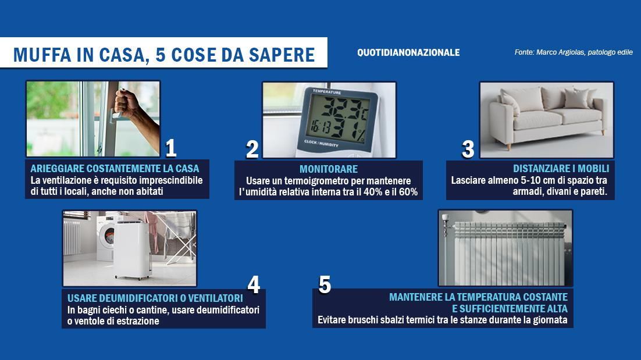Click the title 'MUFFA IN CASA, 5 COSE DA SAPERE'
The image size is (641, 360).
(163, 54)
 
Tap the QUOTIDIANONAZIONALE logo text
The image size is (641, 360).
(408, 52)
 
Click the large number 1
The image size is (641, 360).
(170, 148)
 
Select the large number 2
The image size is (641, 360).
(252, 149)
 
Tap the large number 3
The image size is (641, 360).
(468, 149)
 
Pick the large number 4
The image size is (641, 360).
(254, 285)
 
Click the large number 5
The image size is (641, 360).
(325, 285)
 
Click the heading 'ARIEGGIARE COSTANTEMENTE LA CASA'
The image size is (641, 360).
(115, 169)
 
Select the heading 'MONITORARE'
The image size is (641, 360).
(329, 169)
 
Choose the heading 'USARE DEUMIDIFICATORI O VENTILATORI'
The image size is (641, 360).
(155, 298)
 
